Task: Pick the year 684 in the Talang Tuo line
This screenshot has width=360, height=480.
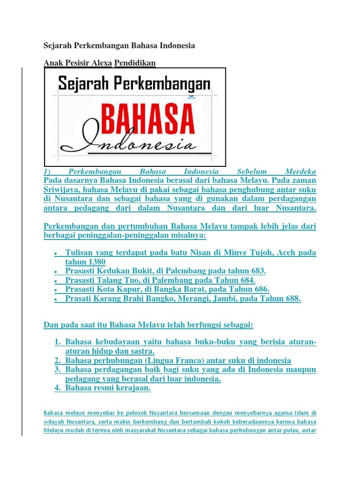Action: [247, 280]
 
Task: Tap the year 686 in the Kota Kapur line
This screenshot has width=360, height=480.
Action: [261, 289]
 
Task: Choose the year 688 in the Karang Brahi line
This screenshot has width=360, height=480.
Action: [292, 299]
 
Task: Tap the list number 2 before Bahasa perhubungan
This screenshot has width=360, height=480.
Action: [58, 360]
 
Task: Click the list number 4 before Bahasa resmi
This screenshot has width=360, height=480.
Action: [58, 388]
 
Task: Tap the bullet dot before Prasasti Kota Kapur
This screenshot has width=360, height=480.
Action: [56, 290]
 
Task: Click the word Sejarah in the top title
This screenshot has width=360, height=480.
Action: [58, 46]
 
